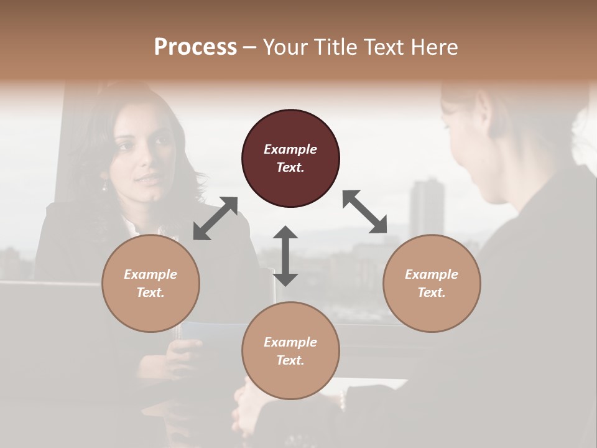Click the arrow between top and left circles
click(x=215, y=218)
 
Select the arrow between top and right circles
click(x=365, y=212)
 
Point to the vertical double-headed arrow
click(x=285, y=256)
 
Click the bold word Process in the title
click(x=195, y=47)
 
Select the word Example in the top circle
click(x=290, y=149)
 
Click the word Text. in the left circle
click(x=150, y=292)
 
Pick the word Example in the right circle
click(x=432, y=274)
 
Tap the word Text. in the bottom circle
click(x=290, y=360)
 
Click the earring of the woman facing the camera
click(x=104, y=186)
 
